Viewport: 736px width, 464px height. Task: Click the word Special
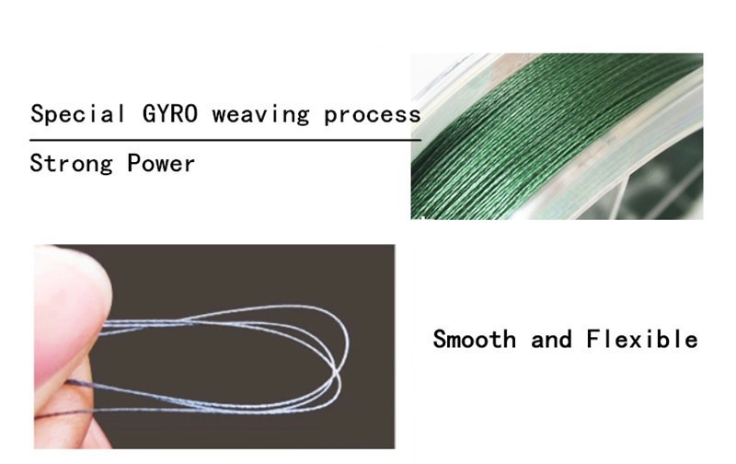tap(77, 114)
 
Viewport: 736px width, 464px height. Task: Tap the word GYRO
tap(170, 114)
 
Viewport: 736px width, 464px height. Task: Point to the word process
tap(372, 115)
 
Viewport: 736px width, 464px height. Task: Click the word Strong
tap(71, 164)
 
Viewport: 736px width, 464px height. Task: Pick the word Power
tap(161, 164)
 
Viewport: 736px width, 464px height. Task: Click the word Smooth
tap(474, 340)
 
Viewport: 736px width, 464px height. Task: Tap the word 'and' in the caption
tap(551, 340)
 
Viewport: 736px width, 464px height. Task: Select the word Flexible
tap(641, 340)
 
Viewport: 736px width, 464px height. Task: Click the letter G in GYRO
tap(149, 114)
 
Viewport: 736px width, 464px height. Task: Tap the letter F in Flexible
tap(592, 340)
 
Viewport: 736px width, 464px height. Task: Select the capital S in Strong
tap(37, 164)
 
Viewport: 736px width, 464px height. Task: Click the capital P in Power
tap(134, 164)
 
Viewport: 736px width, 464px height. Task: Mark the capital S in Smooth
tap(440, 340)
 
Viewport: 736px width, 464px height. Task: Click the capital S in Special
tap(38, 114)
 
